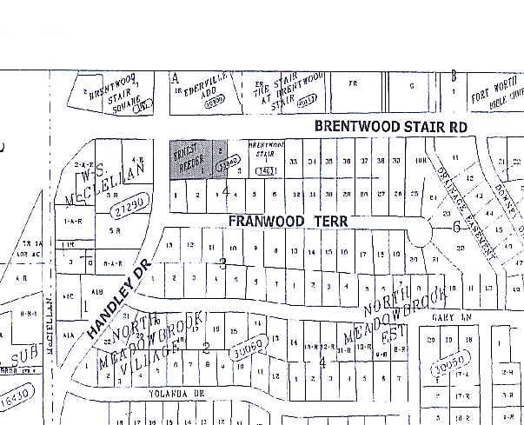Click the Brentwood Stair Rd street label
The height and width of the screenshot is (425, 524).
pos(390,127)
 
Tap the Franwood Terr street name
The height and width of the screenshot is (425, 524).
pos(289,222)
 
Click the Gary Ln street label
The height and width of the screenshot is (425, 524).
pos(449,318)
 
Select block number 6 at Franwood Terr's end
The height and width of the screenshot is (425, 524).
pos(456,227)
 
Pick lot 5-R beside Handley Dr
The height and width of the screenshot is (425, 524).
pos(116,231)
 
